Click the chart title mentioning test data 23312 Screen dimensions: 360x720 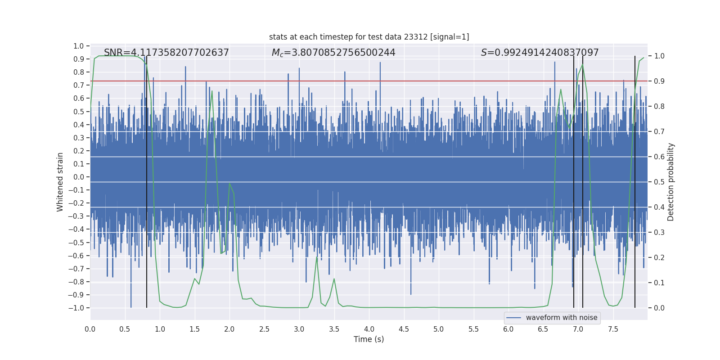coord(369,37)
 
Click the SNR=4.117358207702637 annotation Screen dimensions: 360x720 coord(166,53)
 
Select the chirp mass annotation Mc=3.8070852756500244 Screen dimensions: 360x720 coord(333,53)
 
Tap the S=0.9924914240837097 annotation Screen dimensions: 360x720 coord(540,53)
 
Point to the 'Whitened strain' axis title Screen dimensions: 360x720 coord(60,182)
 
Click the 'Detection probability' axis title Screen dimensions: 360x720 coord(671,182)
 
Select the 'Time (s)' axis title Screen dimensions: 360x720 coord(369,339)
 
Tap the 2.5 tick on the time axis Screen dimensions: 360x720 coord(264,329)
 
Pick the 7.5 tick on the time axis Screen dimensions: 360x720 coord(613,329)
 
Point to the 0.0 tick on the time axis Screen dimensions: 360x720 coord(90,329)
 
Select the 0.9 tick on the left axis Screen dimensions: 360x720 coord(79,59)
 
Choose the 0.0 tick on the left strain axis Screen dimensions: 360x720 coord(79,177)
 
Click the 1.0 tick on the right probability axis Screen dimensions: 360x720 coord(659,56)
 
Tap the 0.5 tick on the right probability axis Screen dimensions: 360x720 coord(659,182)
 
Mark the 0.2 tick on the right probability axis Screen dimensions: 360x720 coord(659,257)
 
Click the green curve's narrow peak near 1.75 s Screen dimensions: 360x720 coord(212,91)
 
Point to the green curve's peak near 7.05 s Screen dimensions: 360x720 coord(582,65)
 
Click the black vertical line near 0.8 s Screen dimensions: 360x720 coord(147,180)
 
